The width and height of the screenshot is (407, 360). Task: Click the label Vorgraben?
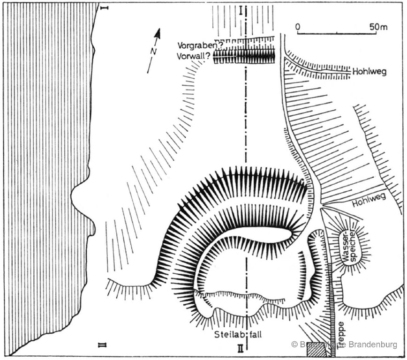click(194, 45)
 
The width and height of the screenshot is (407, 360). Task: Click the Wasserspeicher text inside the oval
click(350, 247)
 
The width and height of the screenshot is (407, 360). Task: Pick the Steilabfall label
click(238, 335)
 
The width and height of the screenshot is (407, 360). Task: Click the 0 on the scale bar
click(297, 27)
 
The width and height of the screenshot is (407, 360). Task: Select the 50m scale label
click(378, 27)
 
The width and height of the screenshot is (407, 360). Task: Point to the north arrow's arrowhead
click(158, 33)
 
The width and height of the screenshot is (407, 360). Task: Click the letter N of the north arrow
click(153, 52)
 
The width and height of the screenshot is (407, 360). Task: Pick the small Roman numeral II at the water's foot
click(102, 345)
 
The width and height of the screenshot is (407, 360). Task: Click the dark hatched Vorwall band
click(244, 56)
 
